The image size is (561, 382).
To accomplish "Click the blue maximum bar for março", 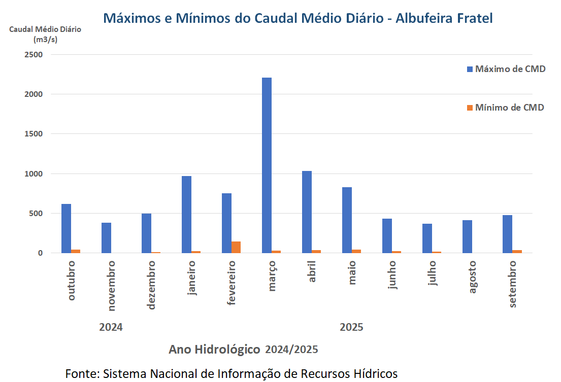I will [x=267, y=165].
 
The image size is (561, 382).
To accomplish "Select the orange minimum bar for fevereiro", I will [x=236, y=247].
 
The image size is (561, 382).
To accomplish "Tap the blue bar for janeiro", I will [x=186, y=214].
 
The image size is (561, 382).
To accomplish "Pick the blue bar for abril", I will [x=307, y=212].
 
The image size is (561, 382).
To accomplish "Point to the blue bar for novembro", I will [x=106, y=237].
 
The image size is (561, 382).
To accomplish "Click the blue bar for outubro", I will [x=66, y=228].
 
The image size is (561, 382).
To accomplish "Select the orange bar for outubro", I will [x=76, y=251].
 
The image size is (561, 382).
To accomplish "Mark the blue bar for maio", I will [x=347, y=220].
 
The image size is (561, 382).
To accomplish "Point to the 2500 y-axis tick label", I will [x=34, y=54].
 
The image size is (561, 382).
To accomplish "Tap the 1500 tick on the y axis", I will [x=34, y=134].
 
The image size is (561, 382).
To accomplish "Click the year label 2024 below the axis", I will [x=111, y=327].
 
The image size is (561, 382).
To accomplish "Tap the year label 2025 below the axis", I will [x=351, y=327].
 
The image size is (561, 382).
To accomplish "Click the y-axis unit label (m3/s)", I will [x=45, y=39].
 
